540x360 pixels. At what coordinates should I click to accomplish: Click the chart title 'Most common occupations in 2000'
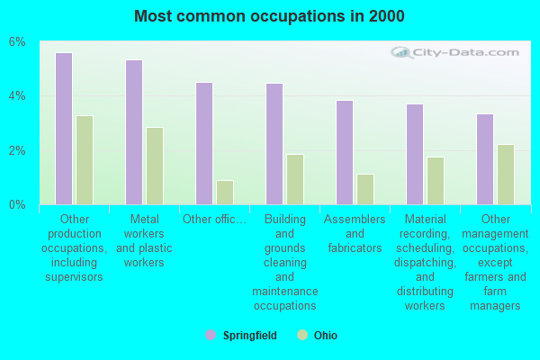click(x=269, y=16)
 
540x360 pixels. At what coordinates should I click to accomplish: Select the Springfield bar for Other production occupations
click(x=64, y=129)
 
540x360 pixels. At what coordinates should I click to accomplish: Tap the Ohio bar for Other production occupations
click(x=85, y=160)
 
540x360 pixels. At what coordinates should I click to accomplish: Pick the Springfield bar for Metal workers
click(x=134, y=132)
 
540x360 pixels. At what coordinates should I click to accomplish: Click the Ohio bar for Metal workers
click(x=155, y=166)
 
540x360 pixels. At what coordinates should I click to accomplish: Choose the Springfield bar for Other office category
click(x=204, y=143)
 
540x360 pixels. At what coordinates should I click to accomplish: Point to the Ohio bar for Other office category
click(x=225, y=193)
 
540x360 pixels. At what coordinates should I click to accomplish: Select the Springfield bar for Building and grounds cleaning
click(x=274, y=144)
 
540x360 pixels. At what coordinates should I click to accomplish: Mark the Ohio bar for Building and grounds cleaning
click(x=295, y=179)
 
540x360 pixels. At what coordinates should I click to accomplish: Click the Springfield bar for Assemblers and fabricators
click(x=345, y=152)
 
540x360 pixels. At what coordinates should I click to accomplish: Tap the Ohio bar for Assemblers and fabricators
click(x=365, y=189)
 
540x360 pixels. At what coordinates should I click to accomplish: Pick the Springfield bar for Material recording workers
click(x=415, y=154)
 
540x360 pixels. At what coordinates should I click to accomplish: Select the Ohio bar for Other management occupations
click(x=506, y=175)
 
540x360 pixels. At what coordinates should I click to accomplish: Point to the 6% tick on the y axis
click(x=18, y=42)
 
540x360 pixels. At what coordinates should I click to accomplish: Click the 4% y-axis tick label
click(x=18, y=96)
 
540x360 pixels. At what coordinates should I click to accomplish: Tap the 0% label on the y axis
click(x=18, y=205)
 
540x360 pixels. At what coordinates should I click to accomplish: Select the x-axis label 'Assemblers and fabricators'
click(x=355, y=233)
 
